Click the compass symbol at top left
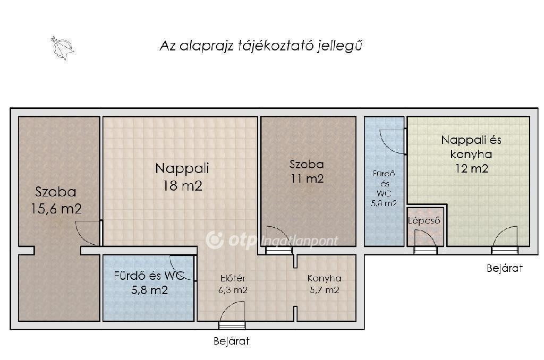pyautogui.click(x=62, y=48)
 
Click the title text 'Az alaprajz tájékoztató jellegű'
pyautogui.click(x=261, y=46)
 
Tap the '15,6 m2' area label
pyautogui.click(x=56, y=209)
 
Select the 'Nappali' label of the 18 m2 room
pyautogui.click(x=182, y=168)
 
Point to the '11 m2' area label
pyautogui.click(x=307, y=178)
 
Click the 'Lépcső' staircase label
pyautogui.click(x=424, y=220)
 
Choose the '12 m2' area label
pyautogui.click(x=472, y=168)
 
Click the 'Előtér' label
pyautogui.click(x=233, y=278)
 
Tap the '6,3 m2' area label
pyautogui.click(x=233, y=290)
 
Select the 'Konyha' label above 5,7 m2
pyautogui.click(x=325, y=278)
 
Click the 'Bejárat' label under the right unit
pyautogui.click(x=505, y=268)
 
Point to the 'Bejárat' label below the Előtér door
pyautogui.click(x=232, y=341)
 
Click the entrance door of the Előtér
pyautogui.click(x=232, y=314)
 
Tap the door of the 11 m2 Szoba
pyautogui.click(x=278, y=239)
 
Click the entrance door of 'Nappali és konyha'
pyautogui.click(x=505, y=240)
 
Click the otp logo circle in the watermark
pyautogui.click(x=215, y=240)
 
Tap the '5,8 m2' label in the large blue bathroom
pyautogui.click(x=149, y=290)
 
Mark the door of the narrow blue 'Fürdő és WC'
pyautogui.click(x=393, y=141)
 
